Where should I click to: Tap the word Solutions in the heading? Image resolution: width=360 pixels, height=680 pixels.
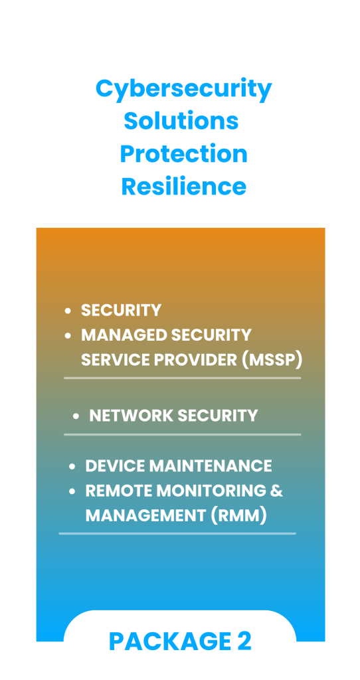click(181, 121)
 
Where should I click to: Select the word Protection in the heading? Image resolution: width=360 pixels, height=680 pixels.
click(184, 154)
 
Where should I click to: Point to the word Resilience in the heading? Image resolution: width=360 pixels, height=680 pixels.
click(184, 187)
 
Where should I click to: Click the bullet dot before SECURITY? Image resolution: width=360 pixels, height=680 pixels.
click(68, 311)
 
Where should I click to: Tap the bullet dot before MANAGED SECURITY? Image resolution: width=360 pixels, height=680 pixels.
click(68, 335)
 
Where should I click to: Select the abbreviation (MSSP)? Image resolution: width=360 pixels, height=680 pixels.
click(272, 360)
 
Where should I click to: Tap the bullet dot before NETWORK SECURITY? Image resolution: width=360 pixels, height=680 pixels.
click(76, 416)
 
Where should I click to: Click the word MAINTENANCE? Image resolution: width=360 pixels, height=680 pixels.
click(211, 466)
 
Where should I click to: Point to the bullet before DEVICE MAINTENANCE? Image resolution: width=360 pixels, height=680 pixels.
click(72, 467)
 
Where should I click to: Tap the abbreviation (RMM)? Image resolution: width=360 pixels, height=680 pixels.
click(238, 516)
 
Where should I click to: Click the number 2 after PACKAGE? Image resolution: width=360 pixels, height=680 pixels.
click(244, 641)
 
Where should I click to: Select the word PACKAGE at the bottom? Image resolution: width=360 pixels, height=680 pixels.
click(170, 641)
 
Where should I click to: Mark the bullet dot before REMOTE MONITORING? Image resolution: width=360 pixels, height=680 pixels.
click(72, 491)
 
